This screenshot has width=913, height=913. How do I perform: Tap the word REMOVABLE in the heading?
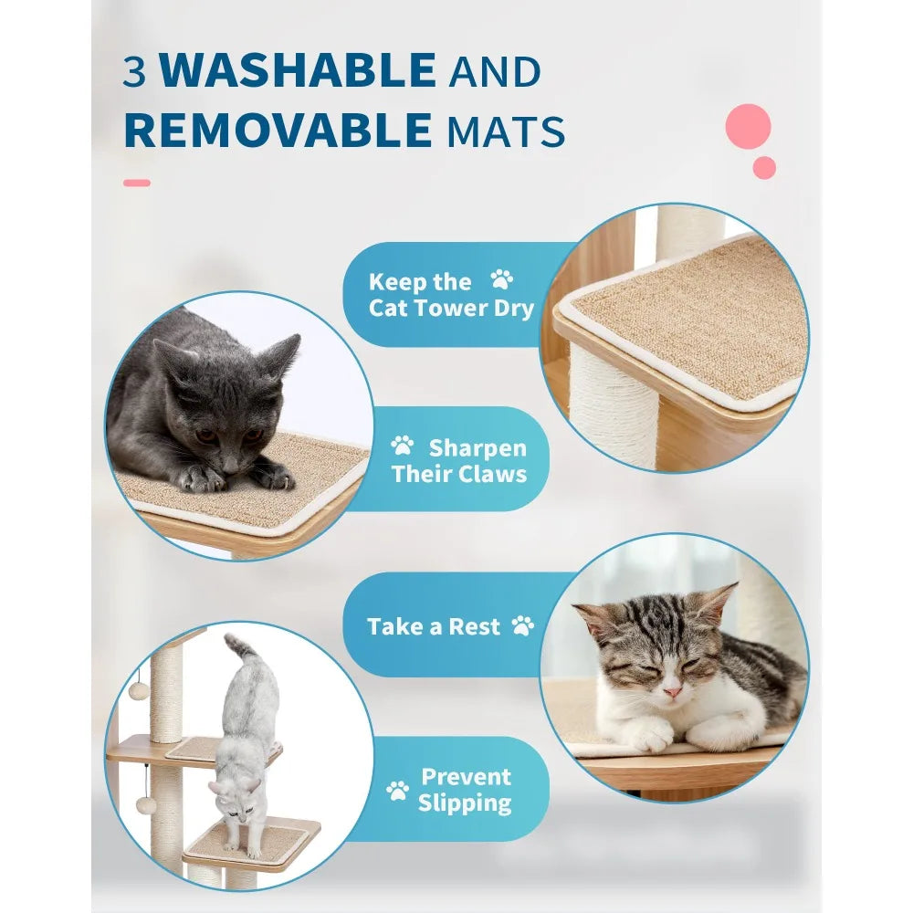point(277,131)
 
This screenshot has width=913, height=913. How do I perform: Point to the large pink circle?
point(749,126)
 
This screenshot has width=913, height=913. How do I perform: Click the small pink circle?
point(764,168)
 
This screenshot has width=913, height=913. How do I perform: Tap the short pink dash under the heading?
point(136,183)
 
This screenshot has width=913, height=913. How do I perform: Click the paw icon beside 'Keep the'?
point(501,279)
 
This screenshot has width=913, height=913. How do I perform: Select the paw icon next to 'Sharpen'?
point(402,446)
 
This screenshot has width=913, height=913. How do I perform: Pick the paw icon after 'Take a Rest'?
point(522,625)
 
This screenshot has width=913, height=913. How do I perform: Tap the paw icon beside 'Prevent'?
point(397,790)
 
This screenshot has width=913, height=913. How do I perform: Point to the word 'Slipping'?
point(465,803)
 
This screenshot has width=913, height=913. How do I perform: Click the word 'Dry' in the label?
point(513,308)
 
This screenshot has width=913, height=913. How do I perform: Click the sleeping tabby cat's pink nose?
point(672,691)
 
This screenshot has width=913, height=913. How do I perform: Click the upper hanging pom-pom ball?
point(138,690)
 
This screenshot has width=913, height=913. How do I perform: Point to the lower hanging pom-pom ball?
point(143,806)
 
